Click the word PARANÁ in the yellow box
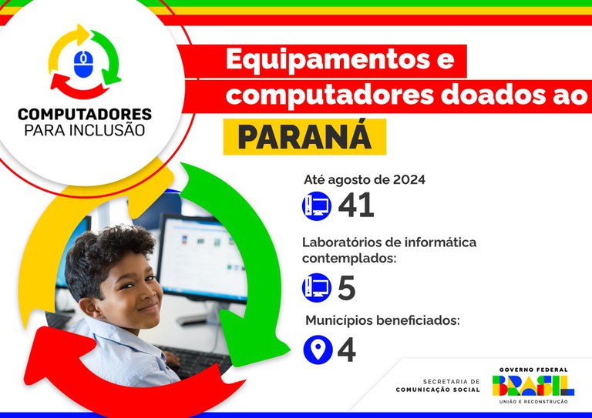coord(304,136)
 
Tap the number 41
coord(356,206)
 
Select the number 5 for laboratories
coord(347,288)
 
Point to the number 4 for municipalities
coord(347,350)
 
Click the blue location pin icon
coord(316,350)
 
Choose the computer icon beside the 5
coord(316,288)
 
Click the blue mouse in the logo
coord(84,64)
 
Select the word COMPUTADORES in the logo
coord(85,114)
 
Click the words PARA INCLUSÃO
coord(85,130)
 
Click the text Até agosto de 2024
coord(365,180)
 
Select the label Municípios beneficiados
coord(382,320)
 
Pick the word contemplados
coord(348,259)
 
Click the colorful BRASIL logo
coord(532,384)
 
